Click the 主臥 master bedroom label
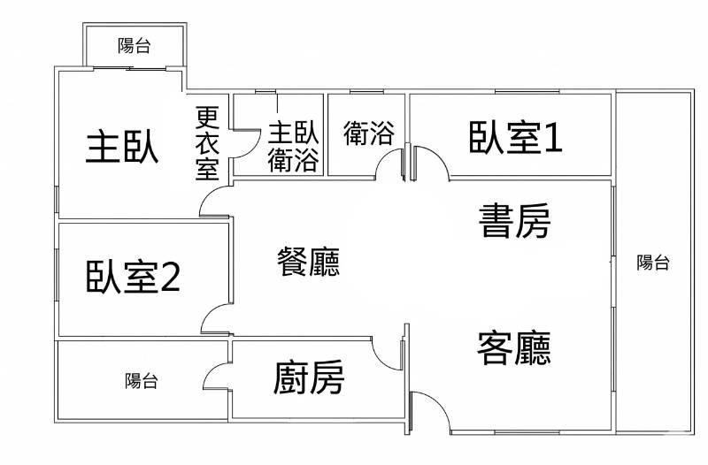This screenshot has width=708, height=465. click(122, 146)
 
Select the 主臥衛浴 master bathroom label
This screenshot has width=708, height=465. click(294, 146)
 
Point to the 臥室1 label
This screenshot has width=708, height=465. click(515, 137)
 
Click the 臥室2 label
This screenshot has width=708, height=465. click(133, 277)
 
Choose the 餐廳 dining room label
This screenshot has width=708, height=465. click(308, 262)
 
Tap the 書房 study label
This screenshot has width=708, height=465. click(514, 220)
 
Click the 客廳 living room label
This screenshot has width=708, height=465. click(514, 347)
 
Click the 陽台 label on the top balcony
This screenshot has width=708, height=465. click(135, 46)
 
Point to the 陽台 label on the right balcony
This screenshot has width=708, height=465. click(653, 262)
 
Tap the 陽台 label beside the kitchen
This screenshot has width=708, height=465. click(142, 381)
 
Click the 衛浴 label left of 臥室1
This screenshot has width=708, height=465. click(368, 133)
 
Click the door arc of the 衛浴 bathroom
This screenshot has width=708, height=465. click(384, 156)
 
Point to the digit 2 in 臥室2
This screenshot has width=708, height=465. click(171, 277)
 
